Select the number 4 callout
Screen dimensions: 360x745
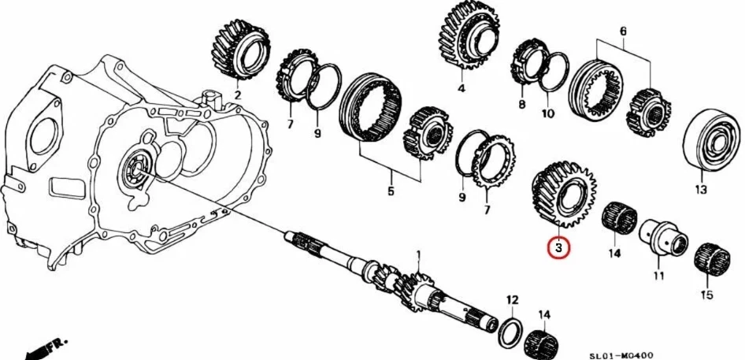461,88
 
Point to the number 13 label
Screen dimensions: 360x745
701,189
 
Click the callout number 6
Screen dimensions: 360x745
623,31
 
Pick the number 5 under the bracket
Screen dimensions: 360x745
391,190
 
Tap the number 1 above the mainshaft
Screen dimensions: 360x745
419,254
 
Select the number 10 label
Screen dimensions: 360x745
548,113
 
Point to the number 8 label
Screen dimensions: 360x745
521,103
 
